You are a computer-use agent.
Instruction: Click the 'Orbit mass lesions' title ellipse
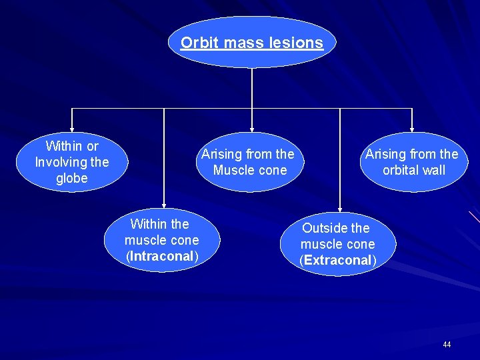pyautogui.click(x=251, y=43)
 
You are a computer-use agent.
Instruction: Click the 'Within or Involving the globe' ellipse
pyautogui.click(x=71, y=162)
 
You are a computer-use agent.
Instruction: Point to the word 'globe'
pyautogui.click(x=71, y=178)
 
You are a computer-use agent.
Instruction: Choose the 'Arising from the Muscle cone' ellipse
pyautogui.click(x=248, y=162)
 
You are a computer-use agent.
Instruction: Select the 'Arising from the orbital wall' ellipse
pyautogui.click(x=412, y=162)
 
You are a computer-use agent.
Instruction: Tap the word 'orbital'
pyautogui.click(x=401, y=170)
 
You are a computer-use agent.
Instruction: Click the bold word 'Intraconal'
pyautogui.click(x=161, y=256)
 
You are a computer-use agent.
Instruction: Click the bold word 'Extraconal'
pyautogui.click(x=338, y=260)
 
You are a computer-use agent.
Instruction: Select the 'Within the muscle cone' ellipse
pyautogui.click(x=161, y=240)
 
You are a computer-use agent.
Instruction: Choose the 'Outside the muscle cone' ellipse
pyautogui.click(x=338, y=244)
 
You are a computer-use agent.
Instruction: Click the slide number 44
pyautogui.click(x=446, y=345)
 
